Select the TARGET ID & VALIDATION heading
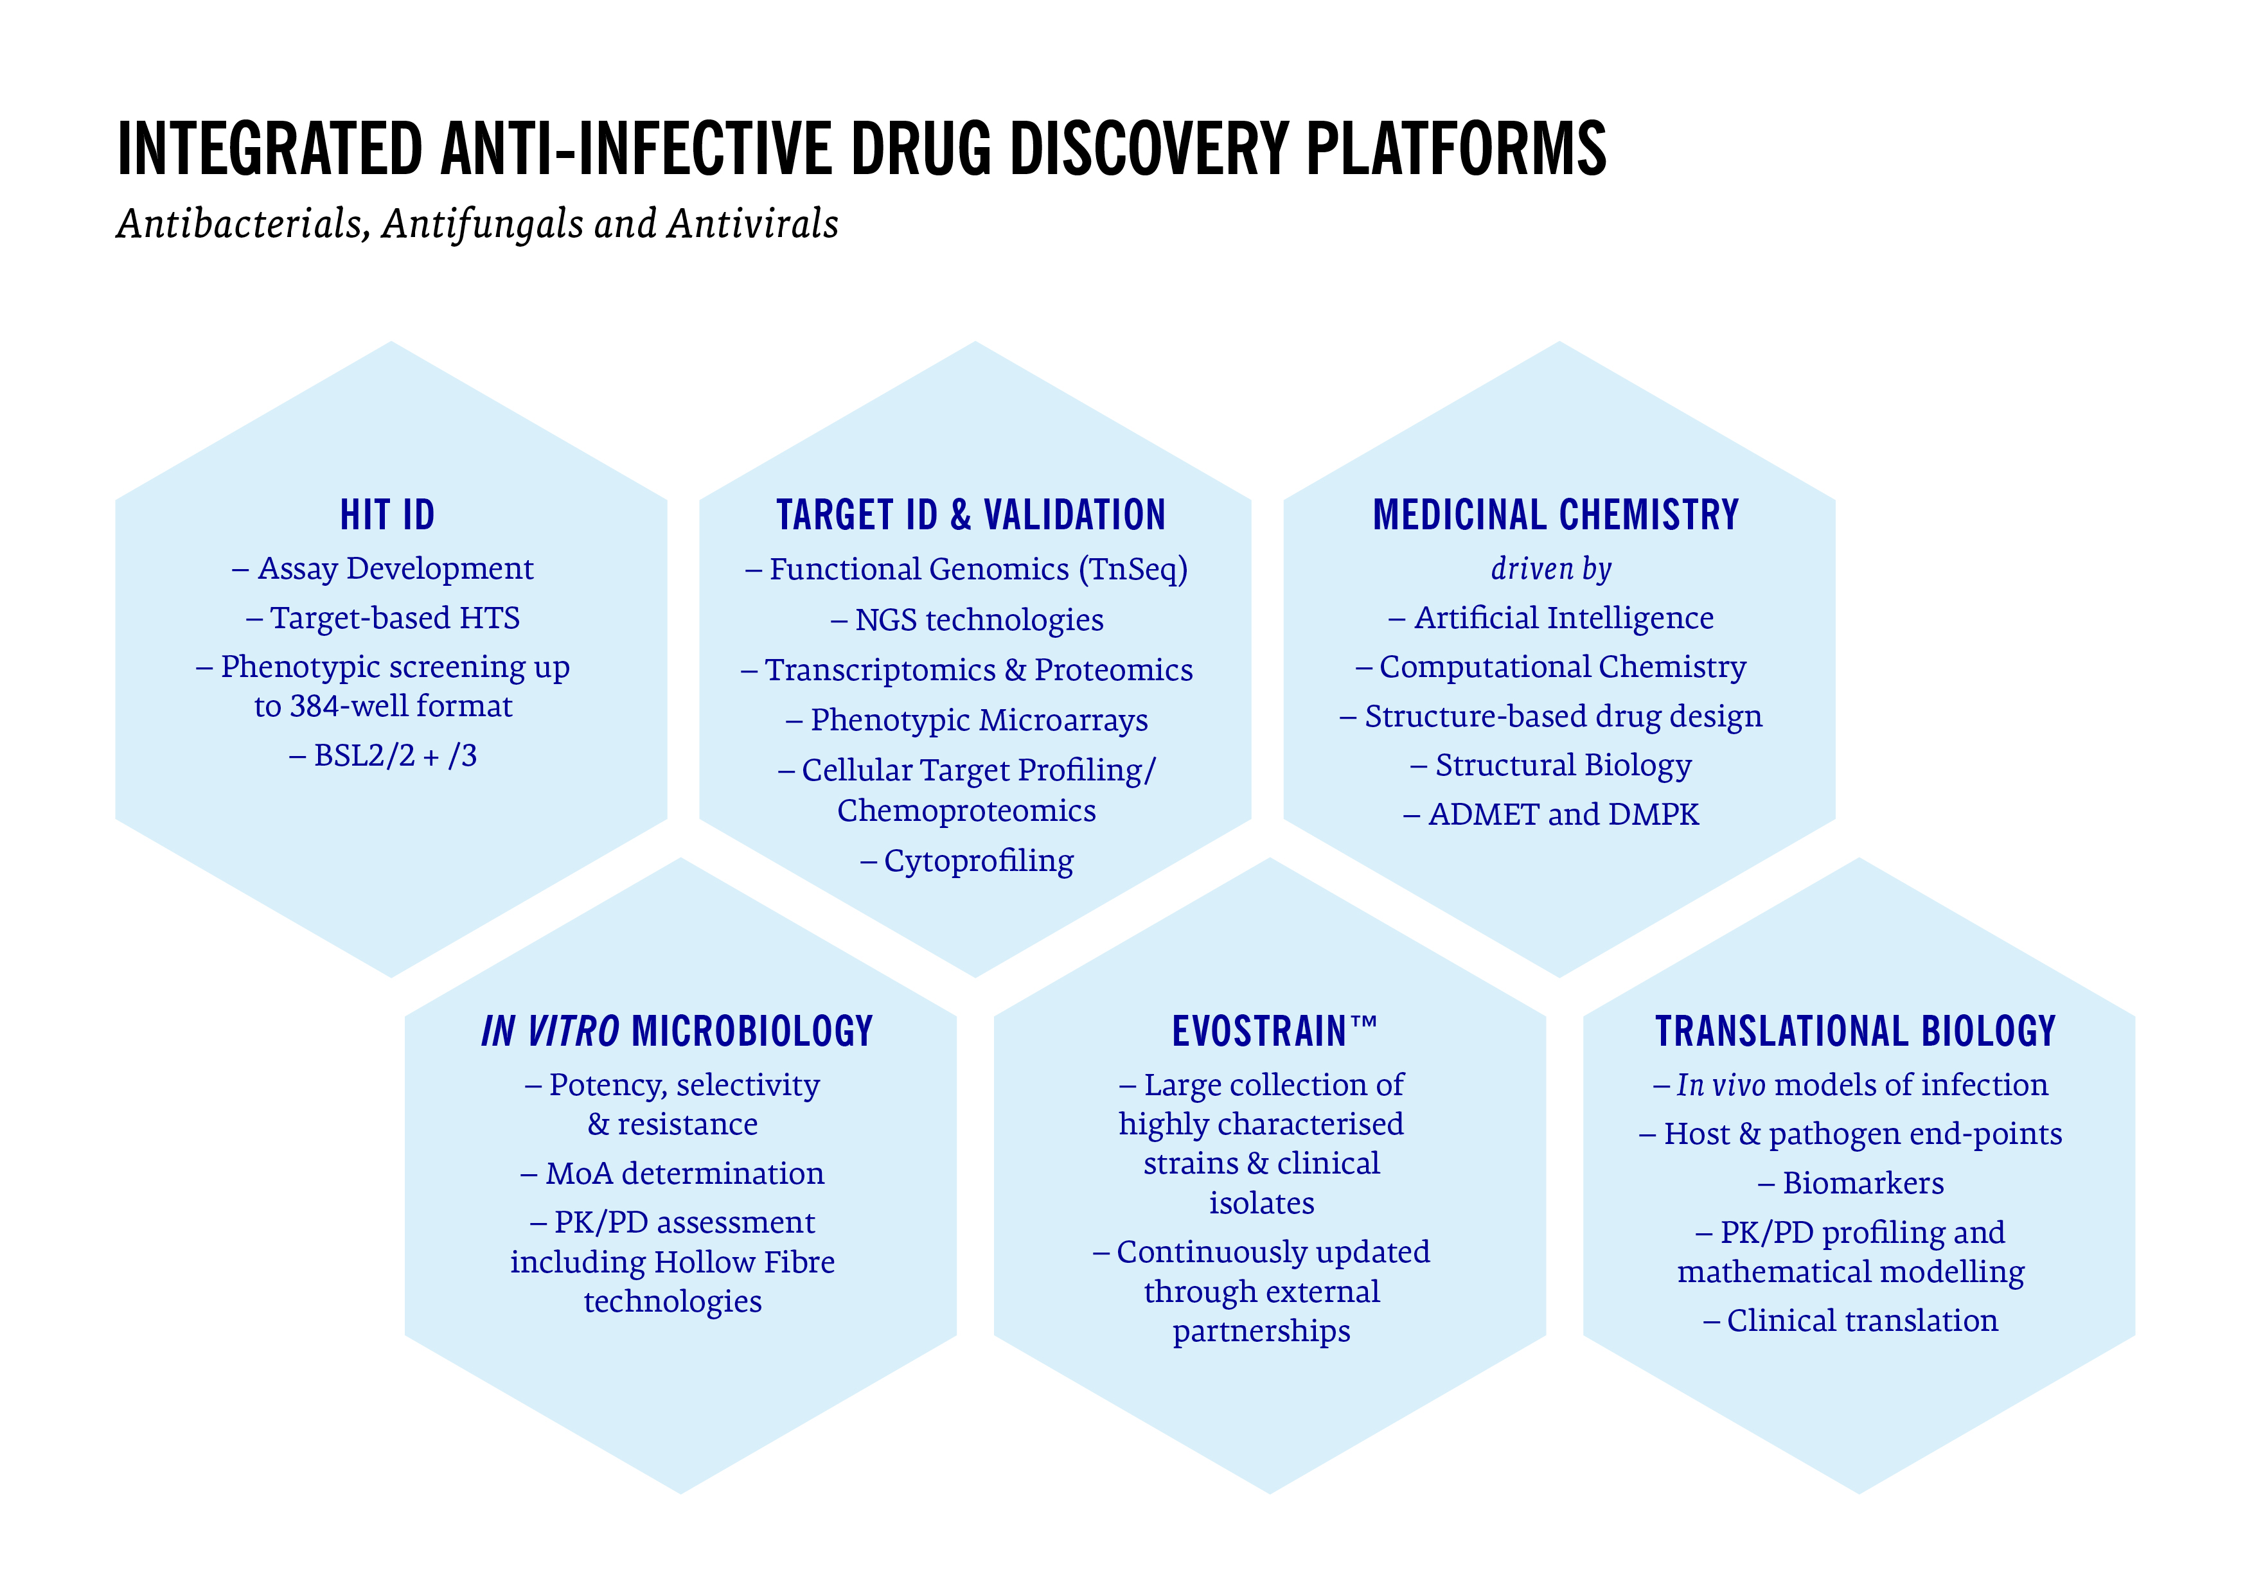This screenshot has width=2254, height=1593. click(971, 515)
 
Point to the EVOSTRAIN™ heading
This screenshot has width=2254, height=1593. click(1274, 1032)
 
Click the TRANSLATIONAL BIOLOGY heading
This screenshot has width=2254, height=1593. click(1856, 1032)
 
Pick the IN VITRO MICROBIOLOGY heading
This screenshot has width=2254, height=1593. click(677, 1032)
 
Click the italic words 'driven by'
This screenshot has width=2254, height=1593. click(1551, 568)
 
